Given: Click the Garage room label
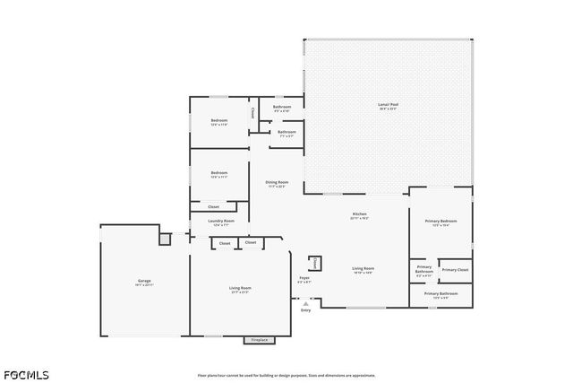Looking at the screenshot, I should (144, 283).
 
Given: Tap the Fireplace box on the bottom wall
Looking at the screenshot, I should (260, 340).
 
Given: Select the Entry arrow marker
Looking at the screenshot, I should (305, 305).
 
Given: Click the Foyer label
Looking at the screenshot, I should (304, 280).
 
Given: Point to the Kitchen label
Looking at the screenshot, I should (359, 215).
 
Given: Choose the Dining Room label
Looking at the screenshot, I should (277, 184).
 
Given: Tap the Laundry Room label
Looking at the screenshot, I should (220, 222).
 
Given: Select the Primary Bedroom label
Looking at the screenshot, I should (440, 222).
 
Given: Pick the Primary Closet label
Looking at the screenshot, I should (455, 269).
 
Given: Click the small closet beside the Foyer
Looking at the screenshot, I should (315, 263).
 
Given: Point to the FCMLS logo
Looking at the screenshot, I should (26, 374).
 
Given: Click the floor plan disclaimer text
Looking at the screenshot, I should (286, 375).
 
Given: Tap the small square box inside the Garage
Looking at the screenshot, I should (164, 239).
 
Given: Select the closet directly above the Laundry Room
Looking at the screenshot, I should (213, 206).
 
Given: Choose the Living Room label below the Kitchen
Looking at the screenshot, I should (363, 270).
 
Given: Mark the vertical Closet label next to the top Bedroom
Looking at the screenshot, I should (253, 113).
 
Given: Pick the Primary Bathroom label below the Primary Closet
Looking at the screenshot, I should (441, 295).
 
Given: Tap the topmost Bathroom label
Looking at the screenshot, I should (281, 109).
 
